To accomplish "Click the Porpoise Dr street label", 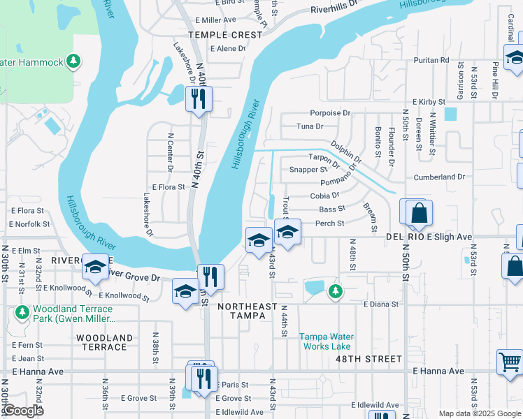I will pyautogui.click(x=330, y=113).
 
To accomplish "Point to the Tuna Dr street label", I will pyautogui.click(x=310, y=126).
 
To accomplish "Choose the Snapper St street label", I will pyautogui.click(x=308, y=169).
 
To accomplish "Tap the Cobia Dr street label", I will pyautogui.click(x=324, y=196).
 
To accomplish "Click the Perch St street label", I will pyautogui.click(x=330, y=223).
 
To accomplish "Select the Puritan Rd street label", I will pyautogui.click(x=431, y=61).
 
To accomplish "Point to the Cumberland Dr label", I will pyautogui.click(x=439, y=177).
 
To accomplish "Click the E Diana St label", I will pyautogui.click(x=380, y=304).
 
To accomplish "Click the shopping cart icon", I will pyautogui.click(x=510, y=362).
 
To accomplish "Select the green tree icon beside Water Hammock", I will pyautogui.click(x=73, y=63).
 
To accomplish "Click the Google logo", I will pyautogui.click(x=24, y=411).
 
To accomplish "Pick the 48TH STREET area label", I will pyautogui.click(x=372, y=359).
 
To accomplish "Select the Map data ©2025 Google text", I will pyautogui.click(x=479, y=413).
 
